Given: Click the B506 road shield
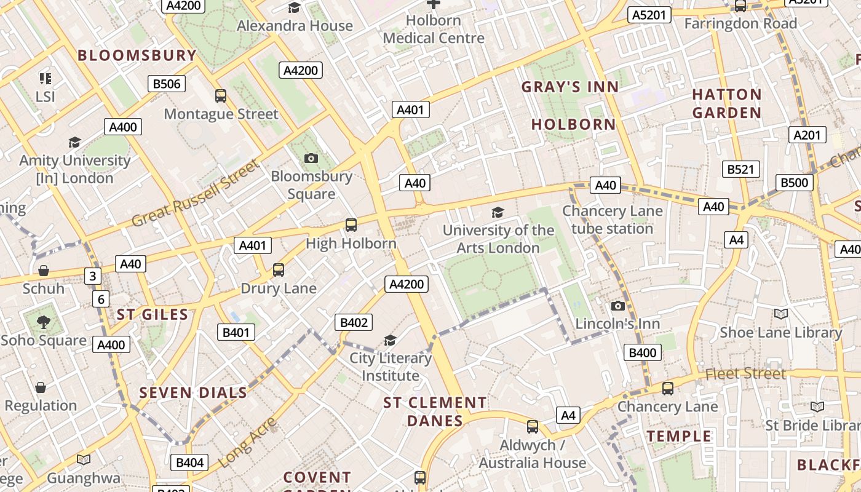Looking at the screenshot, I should coord(166,84).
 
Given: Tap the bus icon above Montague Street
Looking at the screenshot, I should coord(221,95).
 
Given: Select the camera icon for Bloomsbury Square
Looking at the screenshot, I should coord(311,158).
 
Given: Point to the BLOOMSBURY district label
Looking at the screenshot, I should coord(137,55).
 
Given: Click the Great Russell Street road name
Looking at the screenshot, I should coord(196,192).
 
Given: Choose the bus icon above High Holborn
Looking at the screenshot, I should coord(351,225).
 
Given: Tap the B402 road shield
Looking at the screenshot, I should coord(354,322).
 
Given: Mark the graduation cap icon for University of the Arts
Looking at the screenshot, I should coord(498,212).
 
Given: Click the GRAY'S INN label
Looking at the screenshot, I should coord(570,87).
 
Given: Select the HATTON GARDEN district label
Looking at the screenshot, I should coord(727,103).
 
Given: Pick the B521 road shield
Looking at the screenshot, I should coord(740,169).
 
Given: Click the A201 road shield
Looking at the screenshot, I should coord(807,135).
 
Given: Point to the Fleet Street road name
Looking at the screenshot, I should coord(745,373).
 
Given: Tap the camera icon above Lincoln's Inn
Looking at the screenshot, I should coord(618,306).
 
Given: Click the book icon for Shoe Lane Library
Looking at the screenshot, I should coord(781,314).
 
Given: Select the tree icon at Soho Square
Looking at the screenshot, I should coord(44,322).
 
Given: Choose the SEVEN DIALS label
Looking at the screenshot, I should coord(193,393).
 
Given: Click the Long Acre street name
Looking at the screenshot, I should coord(247,442).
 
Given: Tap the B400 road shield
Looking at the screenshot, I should coord(643,352).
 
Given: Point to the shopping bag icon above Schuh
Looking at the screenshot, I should coord(44,271).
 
